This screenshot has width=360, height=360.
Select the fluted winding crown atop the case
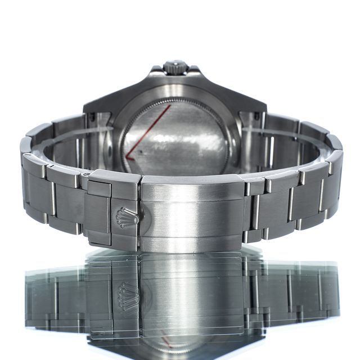[175, 67]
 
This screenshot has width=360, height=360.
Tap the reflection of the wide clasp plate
[191, 292]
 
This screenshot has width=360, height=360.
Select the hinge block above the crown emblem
[112, 183]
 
